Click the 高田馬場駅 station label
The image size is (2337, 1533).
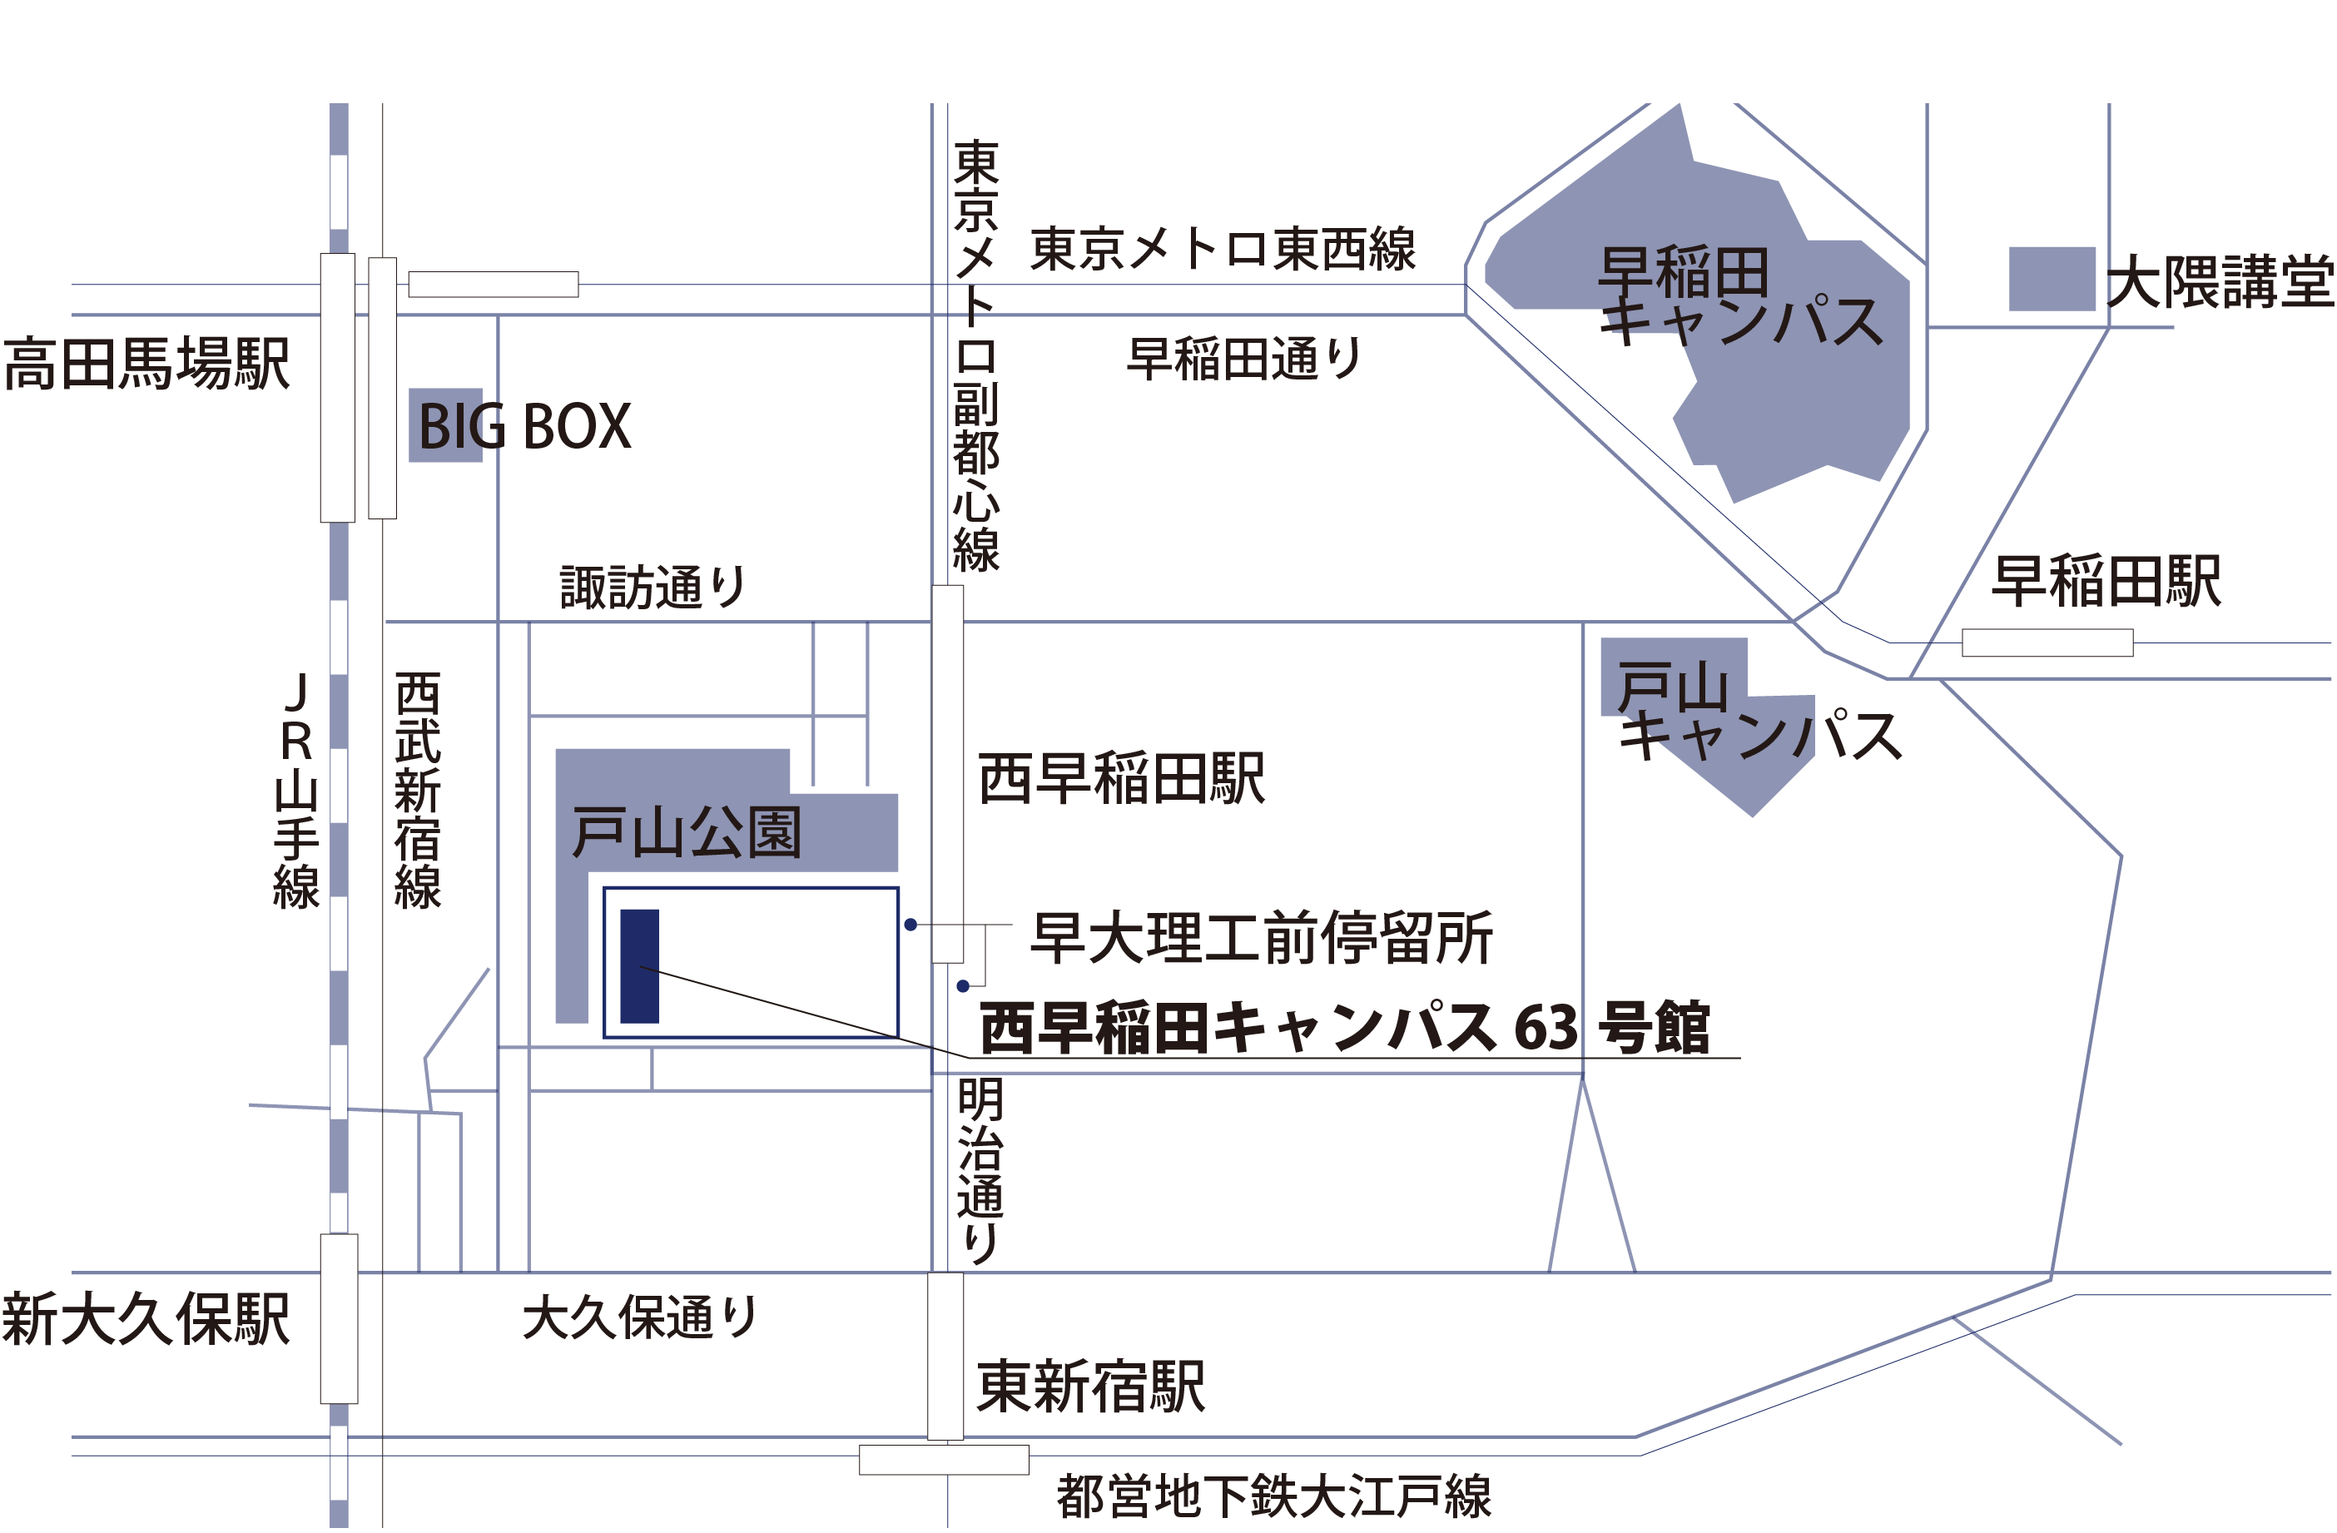[x=147, y=365]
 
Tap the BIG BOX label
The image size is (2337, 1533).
[x=524, y=426]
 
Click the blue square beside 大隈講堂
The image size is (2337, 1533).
[x=2052, y=279]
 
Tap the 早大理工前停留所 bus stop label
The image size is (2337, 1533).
[x=1262, y=938]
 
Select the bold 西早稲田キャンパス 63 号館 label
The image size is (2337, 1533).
[x=1345, y=1028]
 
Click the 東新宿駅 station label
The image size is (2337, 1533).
[x=1091, y=1387]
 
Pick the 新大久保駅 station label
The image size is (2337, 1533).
[x=146, y=1319]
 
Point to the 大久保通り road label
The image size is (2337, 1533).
[x=639, y=1317]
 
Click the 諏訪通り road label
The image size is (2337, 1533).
[x=653, y=588]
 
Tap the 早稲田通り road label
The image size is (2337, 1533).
[x=1244, y=359]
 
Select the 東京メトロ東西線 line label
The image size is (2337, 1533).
[x=1223, y=249]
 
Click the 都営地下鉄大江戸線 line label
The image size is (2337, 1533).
[x=1273, y=1496]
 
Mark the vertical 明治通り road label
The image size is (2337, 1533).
[x=979, y=1172]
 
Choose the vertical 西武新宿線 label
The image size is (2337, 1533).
[x=417, y=791]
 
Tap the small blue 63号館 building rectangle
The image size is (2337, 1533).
[x=639, y=966]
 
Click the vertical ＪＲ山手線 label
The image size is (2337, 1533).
[x=295, y=791]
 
